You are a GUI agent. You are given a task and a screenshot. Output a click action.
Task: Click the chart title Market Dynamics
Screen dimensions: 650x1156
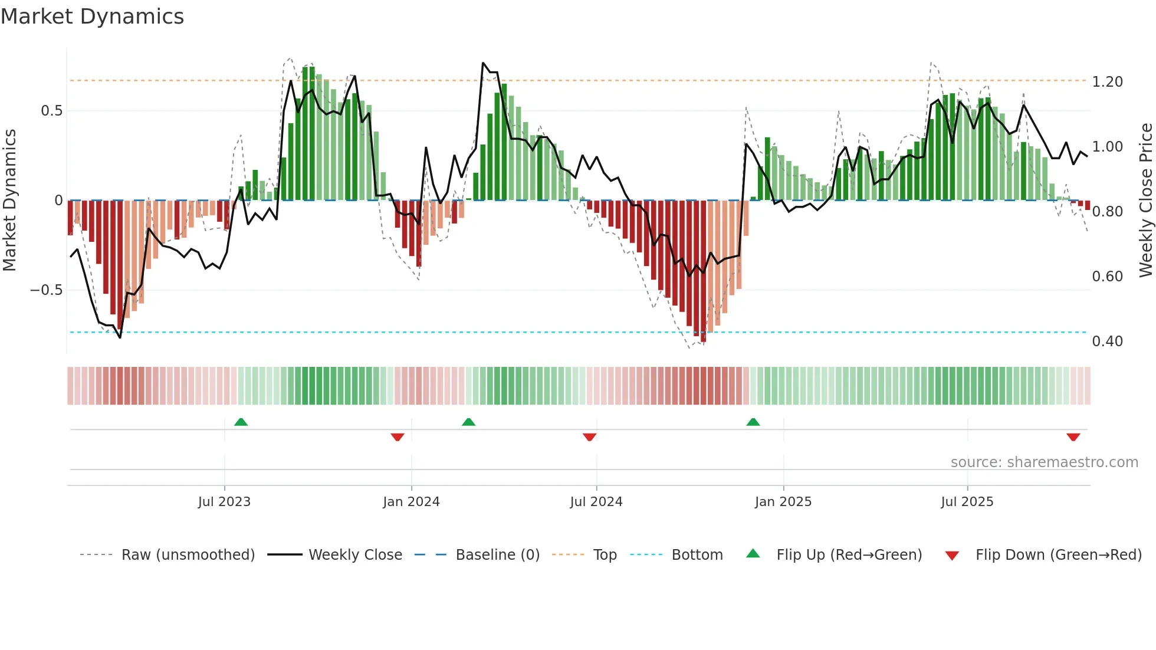click(92, 17)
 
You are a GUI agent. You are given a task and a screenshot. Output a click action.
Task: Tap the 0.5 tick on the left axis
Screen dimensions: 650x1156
click(51, 111)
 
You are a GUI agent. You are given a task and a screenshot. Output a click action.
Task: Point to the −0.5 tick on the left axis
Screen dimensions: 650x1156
click(46, 290)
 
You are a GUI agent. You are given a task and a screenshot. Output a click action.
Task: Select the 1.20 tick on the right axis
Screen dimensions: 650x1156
click(1107, 82)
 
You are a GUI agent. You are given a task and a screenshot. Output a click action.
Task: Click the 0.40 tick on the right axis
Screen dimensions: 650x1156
click(1107, 342)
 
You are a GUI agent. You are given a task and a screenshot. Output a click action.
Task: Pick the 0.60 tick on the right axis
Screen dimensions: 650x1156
click(1107, 277)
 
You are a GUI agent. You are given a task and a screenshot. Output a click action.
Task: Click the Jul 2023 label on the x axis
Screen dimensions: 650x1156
click(224, 502)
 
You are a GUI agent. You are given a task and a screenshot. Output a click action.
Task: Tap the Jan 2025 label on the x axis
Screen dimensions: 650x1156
click(783, 502)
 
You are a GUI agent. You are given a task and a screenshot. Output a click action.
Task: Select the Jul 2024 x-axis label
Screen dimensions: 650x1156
click(596, 502)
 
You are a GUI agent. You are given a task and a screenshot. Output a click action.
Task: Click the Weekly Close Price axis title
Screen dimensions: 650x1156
click(1145, 200)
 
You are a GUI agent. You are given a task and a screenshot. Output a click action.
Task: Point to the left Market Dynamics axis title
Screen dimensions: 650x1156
click(9, 200)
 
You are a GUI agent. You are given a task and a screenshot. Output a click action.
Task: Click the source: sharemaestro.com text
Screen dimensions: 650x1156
click(1044, 462)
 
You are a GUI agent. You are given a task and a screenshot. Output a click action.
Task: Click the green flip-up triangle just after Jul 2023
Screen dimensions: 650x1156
click(241, 422)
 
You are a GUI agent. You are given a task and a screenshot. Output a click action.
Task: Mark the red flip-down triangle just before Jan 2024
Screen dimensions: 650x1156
click(398, 437)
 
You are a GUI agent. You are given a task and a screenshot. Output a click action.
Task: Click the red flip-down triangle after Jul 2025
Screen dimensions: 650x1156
click(1073, 437)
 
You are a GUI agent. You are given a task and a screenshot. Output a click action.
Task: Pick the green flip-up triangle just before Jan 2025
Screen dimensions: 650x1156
click(753, 422)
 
